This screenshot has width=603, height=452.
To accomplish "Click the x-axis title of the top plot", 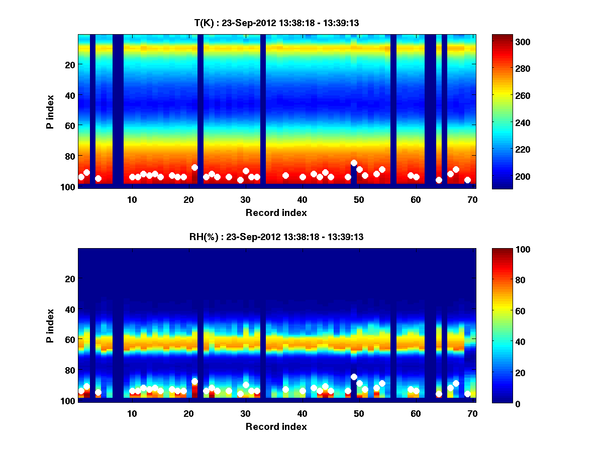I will pos(276,212).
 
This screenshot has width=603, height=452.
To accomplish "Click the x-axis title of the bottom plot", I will pos(276,426).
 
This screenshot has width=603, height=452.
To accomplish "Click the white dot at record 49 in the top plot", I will pos(354,163).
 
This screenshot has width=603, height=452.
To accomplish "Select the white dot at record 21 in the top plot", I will pos(194,167).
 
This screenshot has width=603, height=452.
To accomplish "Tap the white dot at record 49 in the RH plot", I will pos(354,377).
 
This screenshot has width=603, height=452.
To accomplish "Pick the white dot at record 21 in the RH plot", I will pos(194,381).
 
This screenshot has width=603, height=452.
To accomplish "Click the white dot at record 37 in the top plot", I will pos(285,175).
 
